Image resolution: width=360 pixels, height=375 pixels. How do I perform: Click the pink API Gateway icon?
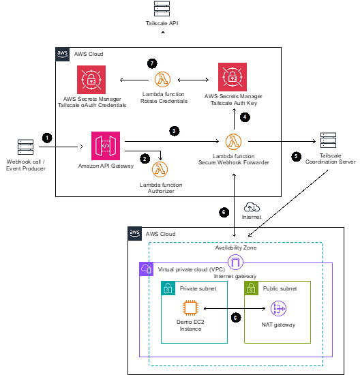click(106, 146)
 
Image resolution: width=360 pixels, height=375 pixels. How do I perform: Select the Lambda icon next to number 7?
click(162, 79)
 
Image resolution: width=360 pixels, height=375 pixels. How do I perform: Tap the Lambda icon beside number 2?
click(160, 169)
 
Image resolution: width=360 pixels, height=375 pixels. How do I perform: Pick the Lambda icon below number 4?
click(234, 141)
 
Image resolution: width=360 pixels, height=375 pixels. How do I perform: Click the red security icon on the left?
click(91, 80)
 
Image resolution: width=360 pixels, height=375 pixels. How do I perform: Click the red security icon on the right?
click(232, 77)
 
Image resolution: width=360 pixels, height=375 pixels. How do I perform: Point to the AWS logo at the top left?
click(63, 55)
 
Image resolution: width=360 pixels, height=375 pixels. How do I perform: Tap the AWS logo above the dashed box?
click(135, 233)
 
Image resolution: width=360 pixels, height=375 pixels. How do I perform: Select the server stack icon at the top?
click(162, 8)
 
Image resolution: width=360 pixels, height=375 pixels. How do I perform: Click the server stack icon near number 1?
click(25, 147)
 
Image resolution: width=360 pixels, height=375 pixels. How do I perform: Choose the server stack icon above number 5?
click(329, 140)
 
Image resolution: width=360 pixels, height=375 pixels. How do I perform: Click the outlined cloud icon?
click(252, 207)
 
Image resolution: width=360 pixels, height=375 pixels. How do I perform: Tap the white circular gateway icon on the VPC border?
click(236, 262)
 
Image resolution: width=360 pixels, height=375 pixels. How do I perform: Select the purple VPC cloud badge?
click(147, 269)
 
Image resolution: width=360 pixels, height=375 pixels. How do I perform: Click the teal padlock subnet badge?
click(168, 288)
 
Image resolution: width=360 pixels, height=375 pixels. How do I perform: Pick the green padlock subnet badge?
click(252, 288)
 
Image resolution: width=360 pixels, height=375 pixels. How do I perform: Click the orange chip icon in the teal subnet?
click(191, 308)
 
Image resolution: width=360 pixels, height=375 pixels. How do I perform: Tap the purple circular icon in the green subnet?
click(279, 309)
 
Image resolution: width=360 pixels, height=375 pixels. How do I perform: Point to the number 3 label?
click(174, 131)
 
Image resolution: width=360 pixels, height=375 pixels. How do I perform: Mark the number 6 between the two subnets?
click(235, 318)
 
